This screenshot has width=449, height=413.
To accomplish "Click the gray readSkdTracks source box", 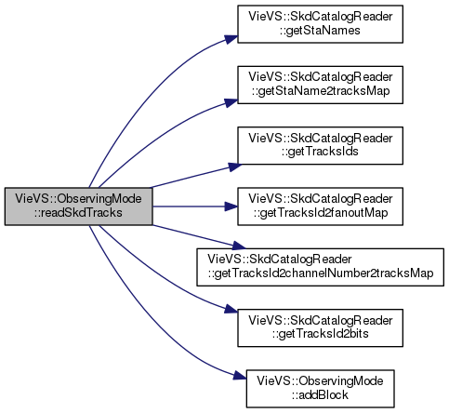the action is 79,206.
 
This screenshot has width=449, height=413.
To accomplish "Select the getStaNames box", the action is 320,24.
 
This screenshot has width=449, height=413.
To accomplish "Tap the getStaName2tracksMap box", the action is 320,85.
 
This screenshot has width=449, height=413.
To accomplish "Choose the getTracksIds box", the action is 320,145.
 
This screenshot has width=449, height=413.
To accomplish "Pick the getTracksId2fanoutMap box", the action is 320,206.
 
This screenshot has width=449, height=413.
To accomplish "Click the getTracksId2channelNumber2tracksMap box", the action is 321,267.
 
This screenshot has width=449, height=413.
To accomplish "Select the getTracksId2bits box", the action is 320,327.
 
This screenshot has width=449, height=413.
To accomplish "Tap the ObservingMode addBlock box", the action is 320,389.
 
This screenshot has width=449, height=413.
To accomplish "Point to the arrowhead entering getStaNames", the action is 231,39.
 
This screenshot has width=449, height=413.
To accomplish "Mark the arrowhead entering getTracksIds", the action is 235,167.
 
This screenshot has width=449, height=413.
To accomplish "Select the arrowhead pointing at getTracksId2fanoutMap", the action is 231,206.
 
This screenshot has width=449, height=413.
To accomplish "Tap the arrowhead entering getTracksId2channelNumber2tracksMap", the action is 239,246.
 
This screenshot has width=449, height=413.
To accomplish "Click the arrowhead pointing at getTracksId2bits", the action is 231,309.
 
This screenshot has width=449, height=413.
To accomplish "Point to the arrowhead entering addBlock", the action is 240,376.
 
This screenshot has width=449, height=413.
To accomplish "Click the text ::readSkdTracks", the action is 78,213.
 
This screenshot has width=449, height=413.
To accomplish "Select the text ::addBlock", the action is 320,395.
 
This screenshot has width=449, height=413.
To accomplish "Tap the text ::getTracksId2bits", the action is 321,334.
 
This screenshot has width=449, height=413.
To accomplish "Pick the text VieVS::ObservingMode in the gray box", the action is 78,199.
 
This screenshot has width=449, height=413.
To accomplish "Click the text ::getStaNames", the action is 320,31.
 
